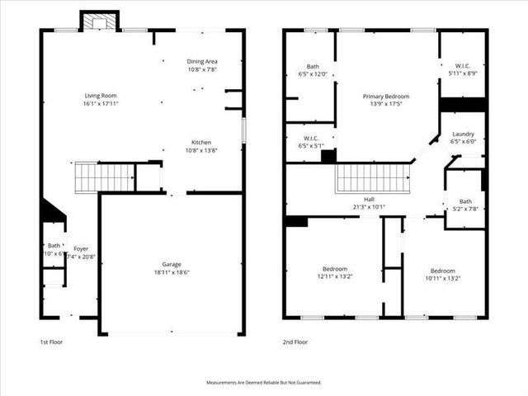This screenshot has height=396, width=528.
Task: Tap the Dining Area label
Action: (x=202, y=61)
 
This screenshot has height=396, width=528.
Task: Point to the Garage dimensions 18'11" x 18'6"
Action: (x=171, y=272)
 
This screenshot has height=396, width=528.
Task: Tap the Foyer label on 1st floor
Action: (x=80, y=247)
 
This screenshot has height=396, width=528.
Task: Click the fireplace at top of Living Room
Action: (x=99, y=20)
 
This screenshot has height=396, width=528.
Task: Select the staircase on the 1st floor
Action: (x=104, y=177)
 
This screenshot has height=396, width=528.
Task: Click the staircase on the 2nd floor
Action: (x=371, y=177)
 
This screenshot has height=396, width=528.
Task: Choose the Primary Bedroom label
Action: (x=386, y=97)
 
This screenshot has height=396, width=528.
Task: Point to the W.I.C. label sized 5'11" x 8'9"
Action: (x=462, y=65)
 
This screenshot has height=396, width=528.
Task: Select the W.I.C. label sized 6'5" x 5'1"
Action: (x=311, y=138)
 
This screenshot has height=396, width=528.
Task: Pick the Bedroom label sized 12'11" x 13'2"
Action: (x=334, y=269)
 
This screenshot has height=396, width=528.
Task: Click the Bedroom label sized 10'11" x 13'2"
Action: (x=443, y=271)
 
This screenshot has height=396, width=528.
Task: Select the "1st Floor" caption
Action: (x=51, y=342)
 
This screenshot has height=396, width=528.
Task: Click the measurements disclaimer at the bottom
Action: (x=263, y=383)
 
